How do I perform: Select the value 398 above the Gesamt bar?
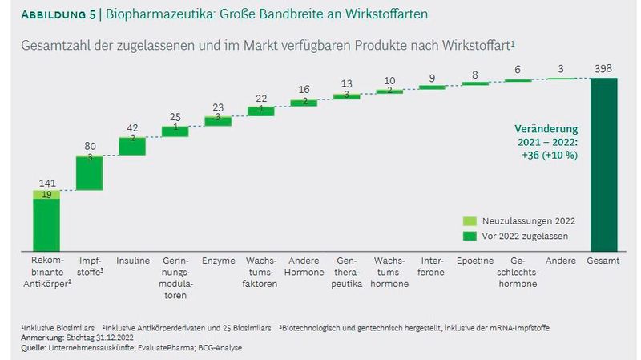coord(603,68)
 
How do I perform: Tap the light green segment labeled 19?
coord(46,193)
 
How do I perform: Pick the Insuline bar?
coord(132,145)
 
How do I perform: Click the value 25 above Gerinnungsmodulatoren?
coord(175,117)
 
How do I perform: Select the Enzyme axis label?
coord(218,261)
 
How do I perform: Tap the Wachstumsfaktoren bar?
coord(261,111)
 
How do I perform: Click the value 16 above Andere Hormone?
coord(304,90)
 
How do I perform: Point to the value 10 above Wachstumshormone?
coord(389,81)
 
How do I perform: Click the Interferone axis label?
coord(432,267)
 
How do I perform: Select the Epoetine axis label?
coord(475,261)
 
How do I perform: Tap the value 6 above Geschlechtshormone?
coord(518,70)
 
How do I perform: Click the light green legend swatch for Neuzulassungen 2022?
coord(472,220)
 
